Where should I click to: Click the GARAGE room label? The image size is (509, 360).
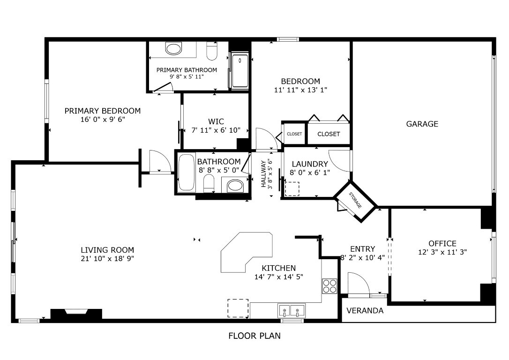[422, 124]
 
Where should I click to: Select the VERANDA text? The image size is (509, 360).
[365, 311]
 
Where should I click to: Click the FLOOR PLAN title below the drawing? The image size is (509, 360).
[254, 336]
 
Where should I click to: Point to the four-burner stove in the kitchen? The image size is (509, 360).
[329, 286]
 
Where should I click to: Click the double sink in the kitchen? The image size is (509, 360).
[291, 310]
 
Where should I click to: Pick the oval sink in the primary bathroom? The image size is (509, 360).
[173, 49]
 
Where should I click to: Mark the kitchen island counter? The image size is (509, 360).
[246, 252]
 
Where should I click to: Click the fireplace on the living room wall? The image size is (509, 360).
[76, 314]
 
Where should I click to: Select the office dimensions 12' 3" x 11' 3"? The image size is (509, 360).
[442, 252]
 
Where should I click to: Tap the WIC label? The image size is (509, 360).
[216, 122]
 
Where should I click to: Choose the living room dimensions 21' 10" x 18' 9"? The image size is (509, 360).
[107, 259]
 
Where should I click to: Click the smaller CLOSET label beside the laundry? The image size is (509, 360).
[294, 134]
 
